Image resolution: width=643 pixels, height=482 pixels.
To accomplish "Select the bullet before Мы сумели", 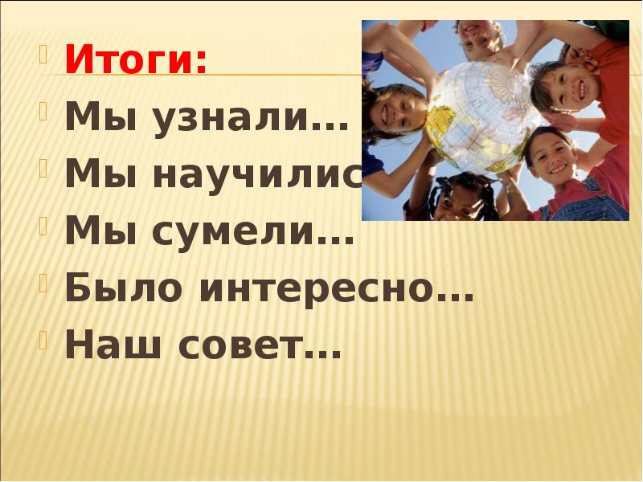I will [45, 231].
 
